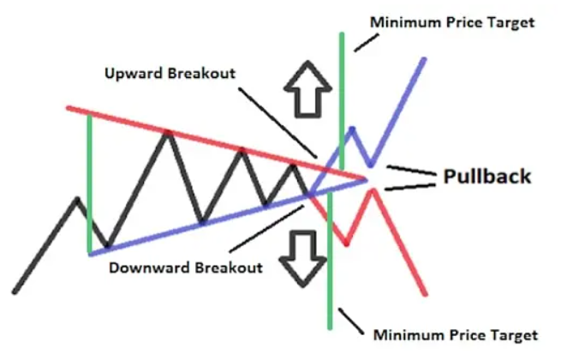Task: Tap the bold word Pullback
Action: [486, 177]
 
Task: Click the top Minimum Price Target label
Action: [451, 21]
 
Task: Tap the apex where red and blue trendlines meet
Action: [367, 178]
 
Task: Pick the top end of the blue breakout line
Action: [424, 58]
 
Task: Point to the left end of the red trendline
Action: [68, 108]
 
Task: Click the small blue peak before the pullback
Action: [350, 129]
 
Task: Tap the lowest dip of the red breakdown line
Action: [346, 245]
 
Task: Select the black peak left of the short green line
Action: [77, 200]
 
